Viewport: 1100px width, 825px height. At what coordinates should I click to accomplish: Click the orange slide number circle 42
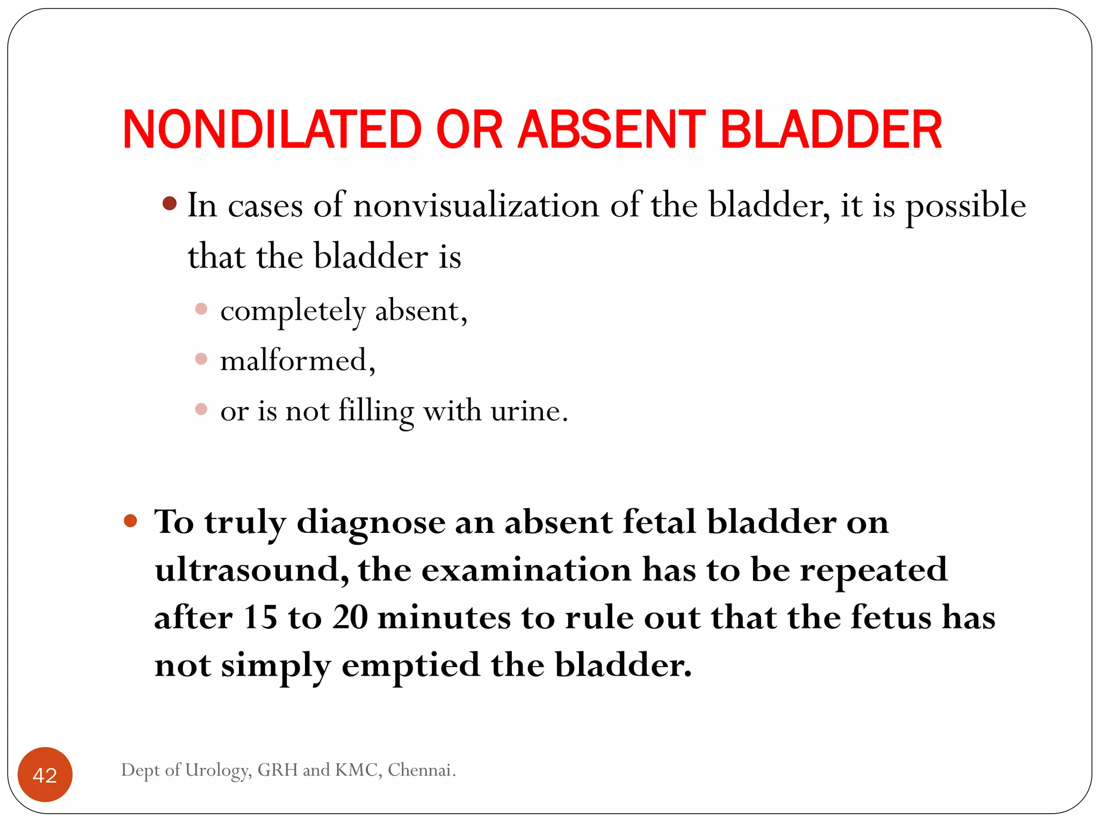click(x=45, y=775)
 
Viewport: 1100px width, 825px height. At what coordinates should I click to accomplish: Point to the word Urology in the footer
click(x=218, y=770)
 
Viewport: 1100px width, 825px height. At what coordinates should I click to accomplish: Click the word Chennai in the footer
click(x=421, y=770)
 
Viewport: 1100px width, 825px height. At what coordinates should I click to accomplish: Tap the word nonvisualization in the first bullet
click(x=476, y=206)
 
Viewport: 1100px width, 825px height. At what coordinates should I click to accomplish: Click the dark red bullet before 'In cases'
click(x=170, y=203)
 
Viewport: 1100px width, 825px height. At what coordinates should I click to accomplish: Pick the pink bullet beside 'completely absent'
click(x=201, y=309)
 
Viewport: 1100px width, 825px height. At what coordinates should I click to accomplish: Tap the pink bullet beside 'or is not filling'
click(x=201, y=409)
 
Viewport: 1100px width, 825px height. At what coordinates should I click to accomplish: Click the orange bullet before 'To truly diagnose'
click(x=131, y=520)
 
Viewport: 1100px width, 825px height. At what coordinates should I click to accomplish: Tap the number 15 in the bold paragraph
click(x=259, y=617)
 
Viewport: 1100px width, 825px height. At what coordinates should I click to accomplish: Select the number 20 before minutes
click(x=350, y=617)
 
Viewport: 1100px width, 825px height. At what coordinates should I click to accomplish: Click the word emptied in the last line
click(x=410, y=666)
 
